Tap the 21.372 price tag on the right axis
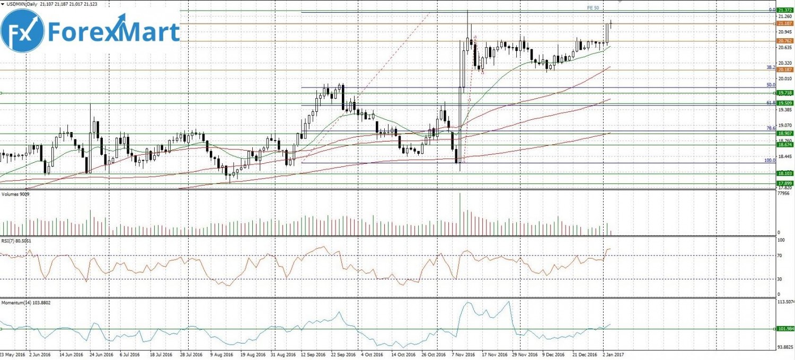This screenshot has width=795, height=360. (x=784, y=10)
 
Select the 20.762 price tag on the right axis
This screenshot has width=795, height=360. (x=784, y=41)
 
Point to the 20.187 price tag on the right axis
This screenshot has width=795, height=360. (x=784, y=69)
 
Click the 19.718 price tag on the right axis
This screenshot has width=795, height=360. (x=784, y=93)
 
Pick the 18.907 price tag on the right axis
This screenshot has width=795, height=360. (x=784, y=133)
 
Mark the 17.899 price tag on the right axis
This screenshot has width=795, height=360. (x=784, y=183)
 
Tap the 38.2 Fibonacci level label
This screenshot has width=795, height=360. (x=771, y=67)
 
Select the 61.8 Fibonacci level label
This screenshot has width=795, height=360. (x=771, y=102)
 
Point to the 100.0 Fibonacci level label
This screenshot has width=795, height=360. (x=770, y=160)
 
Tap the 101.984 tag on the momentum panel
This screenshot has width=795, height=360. (x=784, y=329)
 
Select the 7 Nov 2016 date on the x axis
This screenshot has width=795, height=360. (x=464, y=354)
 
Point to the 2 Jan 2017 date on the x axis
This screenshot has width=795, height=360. (x=613, y=354)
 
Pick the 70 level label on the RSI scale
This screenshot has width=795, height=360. (x=779, y=256)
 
